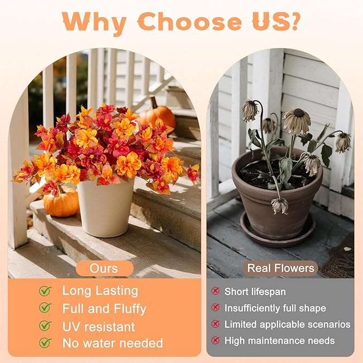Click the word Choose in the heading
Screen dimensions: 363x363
click(189, 21)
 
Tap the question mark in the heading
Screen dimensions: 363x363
click(291, 21)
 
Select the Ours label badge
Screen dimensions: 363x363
click(104, 268)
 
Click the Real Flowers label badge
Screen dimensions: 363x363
click(280, 268)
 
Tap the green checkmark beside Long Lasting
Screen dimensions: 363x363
click(45, 291)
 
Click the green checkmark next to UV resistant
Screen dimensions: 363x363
click(45, 326)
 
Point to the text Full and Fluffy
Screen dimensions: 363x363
click(104, 308)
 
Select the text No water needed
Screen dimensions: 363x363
click(113, 343)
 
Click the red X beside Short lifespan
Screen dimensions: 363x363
click(215, 291)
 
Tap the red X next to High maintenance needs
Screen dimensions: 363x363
click(215, 340)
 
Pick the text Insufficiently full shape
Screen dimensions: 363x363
click(275, 308)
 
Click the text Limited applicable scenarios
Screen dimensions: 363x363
click(287, 324)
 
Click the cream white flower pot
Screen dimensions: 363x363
click(105, 208)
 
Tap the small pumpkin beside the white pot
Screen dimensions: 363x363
click(61, 203)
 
